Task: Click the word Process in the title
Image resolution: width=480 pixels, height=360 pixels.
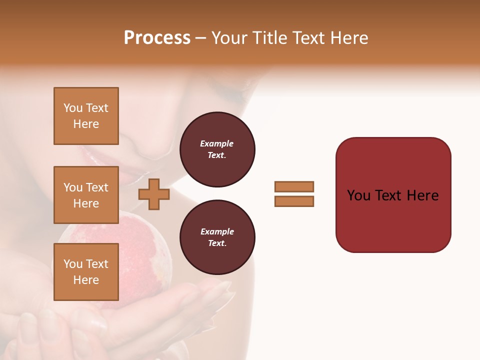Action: (157, 38)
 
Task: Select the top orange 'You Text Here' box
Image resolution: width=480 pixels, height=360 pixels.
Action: (86, 116)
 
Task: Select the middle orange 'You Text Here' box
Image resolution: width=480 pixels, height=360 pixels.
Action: (86, 195)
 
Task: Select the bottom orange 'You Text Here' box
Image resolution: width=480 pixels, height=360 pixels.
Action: (86, 272)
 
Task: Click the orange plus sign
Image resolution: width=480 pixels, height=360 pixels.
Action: (153, 194)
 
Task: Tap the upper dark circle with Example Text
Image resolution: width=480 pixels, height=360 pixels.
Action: (217, 149)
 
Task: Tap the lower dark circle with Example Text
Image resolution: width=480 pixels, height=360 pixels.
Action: (217, 237)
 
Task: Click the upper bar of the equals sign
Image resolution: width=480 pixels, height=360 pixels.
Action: (294, 186)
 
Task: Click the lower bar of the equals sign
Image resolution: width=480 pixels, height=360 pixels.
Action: (294, 201)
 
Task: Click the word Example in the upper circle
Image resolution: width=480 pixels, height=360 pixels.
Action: (217, 143)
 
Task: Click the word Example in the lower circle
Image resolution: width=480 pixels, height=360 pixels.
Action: (217, 231)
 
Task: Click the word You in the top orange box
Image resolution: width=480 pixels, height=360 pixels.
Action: (73, 108)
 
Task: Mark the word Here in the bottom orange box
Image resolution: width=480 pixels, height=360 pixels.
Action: (86, 280)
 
